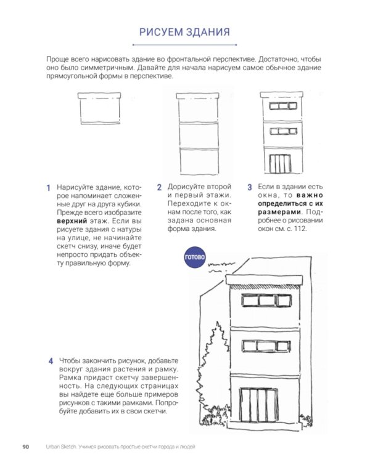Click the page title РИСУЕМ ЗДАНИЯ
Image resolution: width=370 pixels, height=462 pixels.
[x=184, y=31]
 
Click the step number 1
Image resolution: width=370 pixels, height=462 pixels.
[x=49, y=188]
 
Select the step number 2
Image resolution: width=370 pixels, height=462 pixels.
[x=159, y=187]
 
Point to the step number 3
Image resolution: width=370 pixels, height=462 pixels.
[x=250, y=187]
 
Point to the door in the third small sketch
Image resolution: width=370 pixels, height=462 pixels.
[x=281, y=164]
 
